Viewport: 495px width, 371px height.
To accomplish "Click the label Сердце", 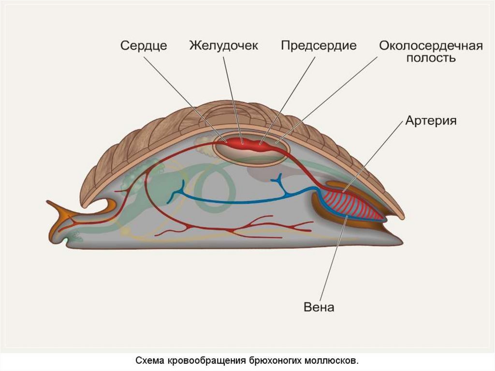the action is [x=144, y=46].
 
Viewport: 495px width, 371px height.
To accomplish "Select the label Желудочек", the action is [x=224, y=45].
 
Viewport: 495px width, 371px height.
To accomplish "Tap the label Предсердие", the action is [x=319, y=45].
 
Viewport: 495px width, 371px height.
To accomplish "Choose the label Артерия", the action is [x=431, y=120].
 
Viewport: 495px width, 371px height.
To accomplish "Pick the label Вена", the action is [x=319, y=307].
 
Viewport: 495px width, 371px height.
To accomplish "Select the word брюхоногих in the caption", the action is [x=277, y=361].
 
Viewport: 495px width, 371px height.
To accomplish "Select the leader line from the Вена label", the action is [x=334, y=261].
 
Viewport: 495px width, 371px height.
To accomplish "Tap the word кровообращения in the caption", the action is [x=207, y=361].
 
